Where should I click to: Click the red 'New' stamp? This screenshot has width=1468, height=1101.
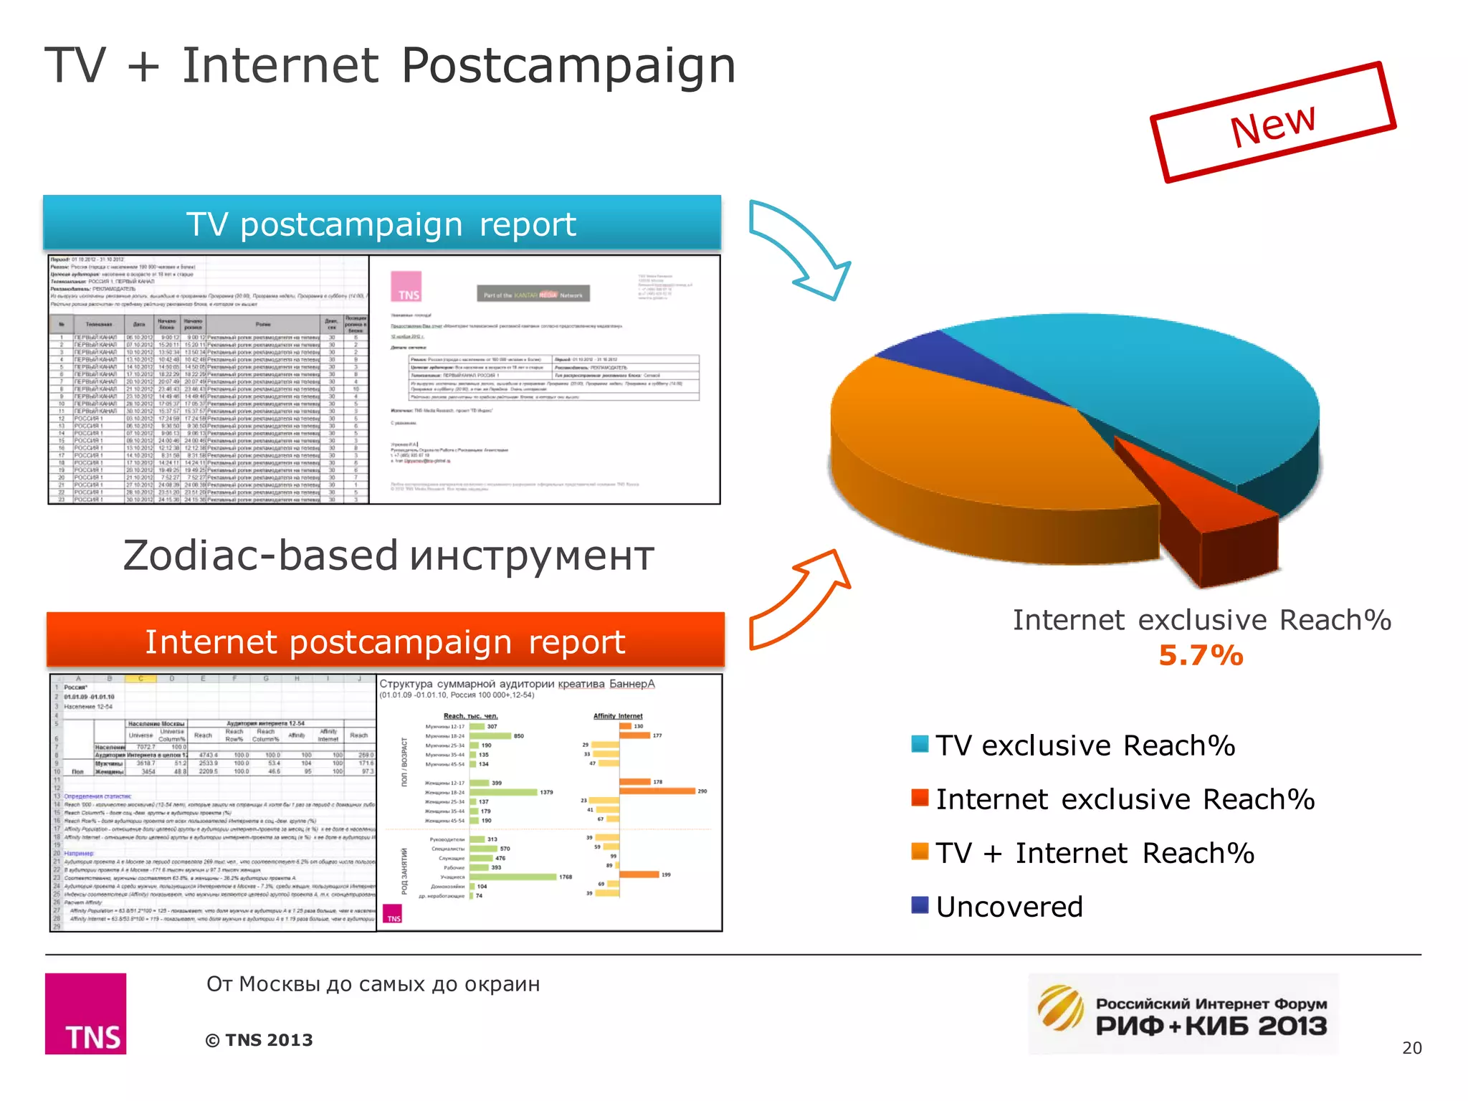point(1273,123)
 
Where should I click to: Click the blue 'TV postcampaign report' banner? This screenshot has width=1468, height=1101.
point(381,224)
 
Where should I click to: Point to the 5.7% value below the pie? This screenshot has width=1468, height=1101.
point(1201,655)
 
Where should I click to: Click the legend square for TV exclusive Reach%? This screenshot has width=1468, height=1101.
point(920,744)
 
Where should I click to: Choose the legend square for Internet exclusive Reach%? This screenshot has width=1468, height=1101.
point(920,798)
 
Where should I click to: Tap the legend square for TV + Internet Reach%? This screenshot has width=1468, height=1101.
point(920,852)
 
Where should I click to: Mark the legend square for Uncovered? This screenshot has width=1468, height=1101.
point(920,905)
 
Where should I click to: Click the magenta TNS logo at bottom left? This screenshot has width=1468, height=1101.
point(85,1014)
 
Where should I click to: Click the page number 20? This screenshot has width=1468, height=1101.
point(1411,1048)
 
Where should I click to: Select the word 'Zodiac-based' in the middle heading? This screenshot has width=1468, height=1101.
point(260,556)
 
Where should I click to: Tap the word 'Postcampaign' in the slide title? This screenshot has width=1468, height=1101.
point(568,66)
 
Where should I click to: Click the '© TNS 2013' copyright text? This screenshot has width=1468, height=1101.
point(259,1040)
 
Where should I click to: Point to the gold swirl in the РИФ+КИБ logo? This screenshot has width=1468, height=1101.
point(1061,1007)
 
